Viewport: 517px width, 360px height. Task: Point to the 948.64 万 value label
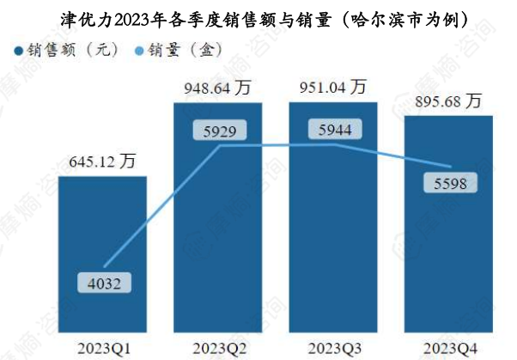(218, 87)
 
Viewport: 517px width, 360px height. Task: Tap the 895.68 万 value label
(447, 101)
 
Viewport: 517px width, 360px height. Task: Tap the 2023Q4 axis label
(447, 347)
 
